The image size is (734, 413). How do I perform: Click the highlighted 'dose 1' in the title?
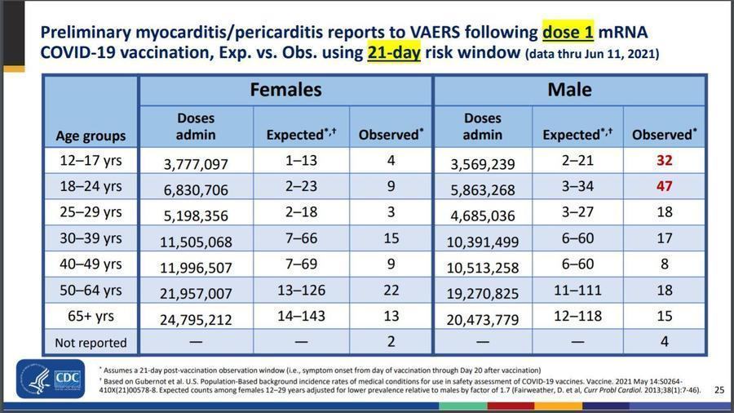[x=569, y=33]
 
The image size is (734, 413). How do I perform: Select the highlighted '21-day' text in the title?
[x=387, y=54]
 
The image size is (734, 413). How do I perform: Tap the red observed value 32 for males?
[x=664, y=161]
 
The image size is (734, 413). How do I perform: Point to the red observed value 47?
[x=664, y=186]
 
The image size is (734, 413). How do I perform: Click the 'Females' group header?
[x=285, y=89]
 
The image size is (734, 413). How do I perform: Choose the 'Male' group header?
[x=569, y=89]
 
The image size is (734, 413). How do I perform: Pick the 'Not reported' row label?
[x=91, y=342]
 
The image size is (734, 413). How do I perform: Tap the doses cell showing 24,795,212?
[x=197, y=318]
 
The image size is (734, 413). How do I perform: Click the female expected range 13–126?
[x=300, y=291]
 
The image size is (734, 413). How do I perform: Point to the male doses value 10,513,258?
[x=483, y=266]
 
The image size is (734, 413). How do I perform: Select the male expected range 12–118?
[x=577, y=317]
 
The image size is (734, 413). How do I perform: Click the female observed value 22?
[x=391, y=291]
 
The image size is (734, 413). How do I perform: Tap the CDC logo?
[x=50, y=380]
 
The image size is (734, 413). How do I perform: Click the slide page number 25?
[x=719, y=389]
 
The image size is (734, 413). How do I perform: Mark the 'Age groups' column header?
[x=91, y=135]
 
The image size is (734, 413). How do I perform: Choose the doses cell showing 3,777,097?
[x=197, y=163]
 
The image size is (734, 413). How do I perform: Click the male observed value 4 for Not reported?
[x=664, y=342]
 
